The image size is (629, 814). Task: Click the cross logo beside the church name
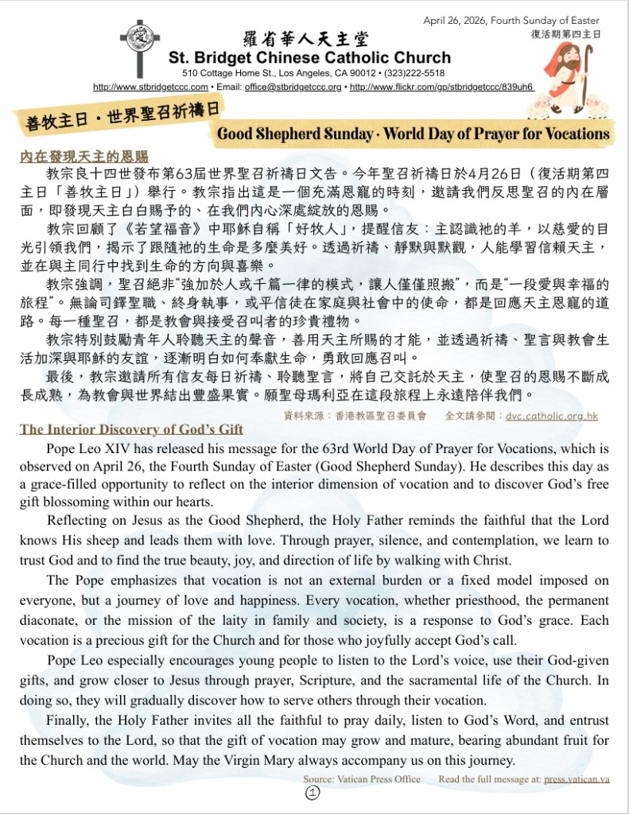click(x=140, y=47)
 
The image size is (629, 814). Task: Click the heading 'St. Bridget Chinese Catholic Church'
click(x=309, y=58)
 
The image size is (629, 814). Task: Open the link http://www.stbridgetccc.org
click(x=150, y=87)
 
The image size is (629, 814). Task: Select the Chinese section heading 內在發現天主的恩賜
click(x=84, y=157)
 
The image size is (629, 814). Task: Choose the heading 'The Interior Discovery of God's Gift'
click(x=131, y=429)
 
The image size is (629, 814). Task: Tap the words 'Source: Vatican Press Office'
click(x=362, y=779)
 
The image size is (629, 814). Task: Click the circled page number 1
click(x=312, y=793)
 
